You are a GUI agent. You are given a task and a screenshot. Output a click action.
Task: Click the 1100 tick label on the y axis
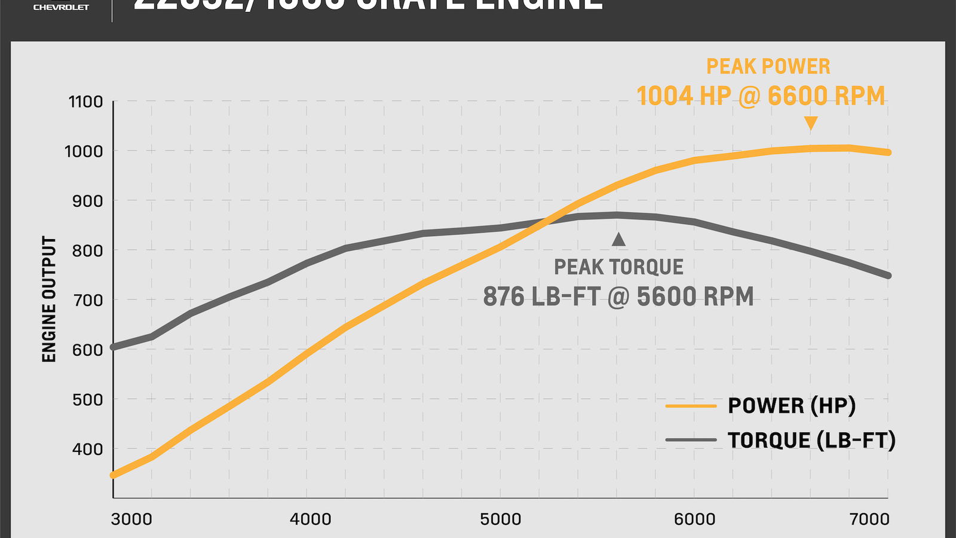pos(86,102)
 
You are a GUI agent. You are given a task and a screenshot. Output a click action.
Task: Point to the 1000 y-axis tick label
pos(84,151)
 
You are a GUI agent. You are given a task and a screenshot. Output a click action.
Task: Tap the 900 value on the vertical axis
pos(87,201)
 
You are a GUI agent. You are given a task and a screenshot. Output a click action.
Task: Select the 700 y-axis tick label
pos(87,300)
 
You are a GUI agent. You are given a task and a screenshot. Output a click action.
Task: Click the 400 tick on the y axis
pos(87,449)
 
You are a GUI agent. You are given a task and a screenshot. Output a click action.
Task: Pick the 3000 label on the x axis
pos(131,519)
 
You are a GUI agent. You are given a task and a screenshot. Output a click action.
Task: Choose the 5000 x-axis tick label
pos(501,519)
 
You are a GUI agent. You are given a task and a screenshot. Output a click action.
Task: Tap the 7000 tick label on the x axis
pos(869,519)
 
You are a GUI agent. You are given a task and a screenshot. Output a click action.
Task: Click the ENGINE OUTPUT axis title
pos(49,299)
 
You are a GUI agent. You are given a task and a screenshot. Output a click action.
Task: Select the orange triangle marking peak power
pos(811,123)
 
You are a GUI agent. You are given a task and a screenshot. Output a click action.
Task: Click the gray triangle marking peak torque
pos(618,239)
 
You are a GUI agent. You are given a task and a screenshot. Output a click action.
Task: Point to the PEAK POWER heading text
pos(768,66)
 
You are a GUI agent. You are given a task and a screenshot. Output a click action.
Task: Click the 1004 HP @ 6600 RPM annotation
pos(761,96)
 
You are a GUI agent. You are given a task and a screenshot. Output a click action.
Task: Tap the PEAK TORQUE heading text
pos(618,267)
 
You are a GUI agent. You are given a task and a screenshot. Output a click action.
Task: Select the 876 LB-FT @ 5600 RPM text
pos(618,296)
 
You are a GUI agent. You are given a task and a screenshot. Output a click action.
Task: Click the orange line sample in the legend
pos(691,406)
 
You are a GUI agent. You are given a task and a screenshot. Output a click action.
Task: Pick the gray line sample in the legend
pos(691,440)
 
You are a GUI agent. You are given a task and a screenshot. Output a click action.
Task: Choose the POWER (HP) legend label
pos(792,406)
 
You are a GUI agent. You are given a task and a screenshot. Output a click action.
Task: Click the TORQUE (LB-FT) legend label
pos(811,440)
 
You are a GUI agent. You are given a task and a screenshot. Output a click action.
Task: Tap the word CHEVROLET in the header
pos(61,7)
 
